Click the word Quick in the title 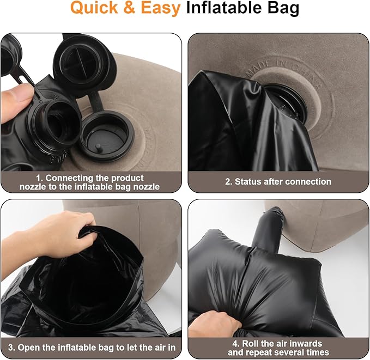pyautogui.click(x=94, y=8)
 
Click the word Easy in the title pyautogui.click(x=160, y=8)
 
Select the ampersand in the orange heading pyautogui.click(x=130, y=8)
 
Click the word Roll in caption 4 pyautogui.click(x=251, y=344)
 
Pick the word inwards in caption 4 pyautogui.click(x=304, y=344)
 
